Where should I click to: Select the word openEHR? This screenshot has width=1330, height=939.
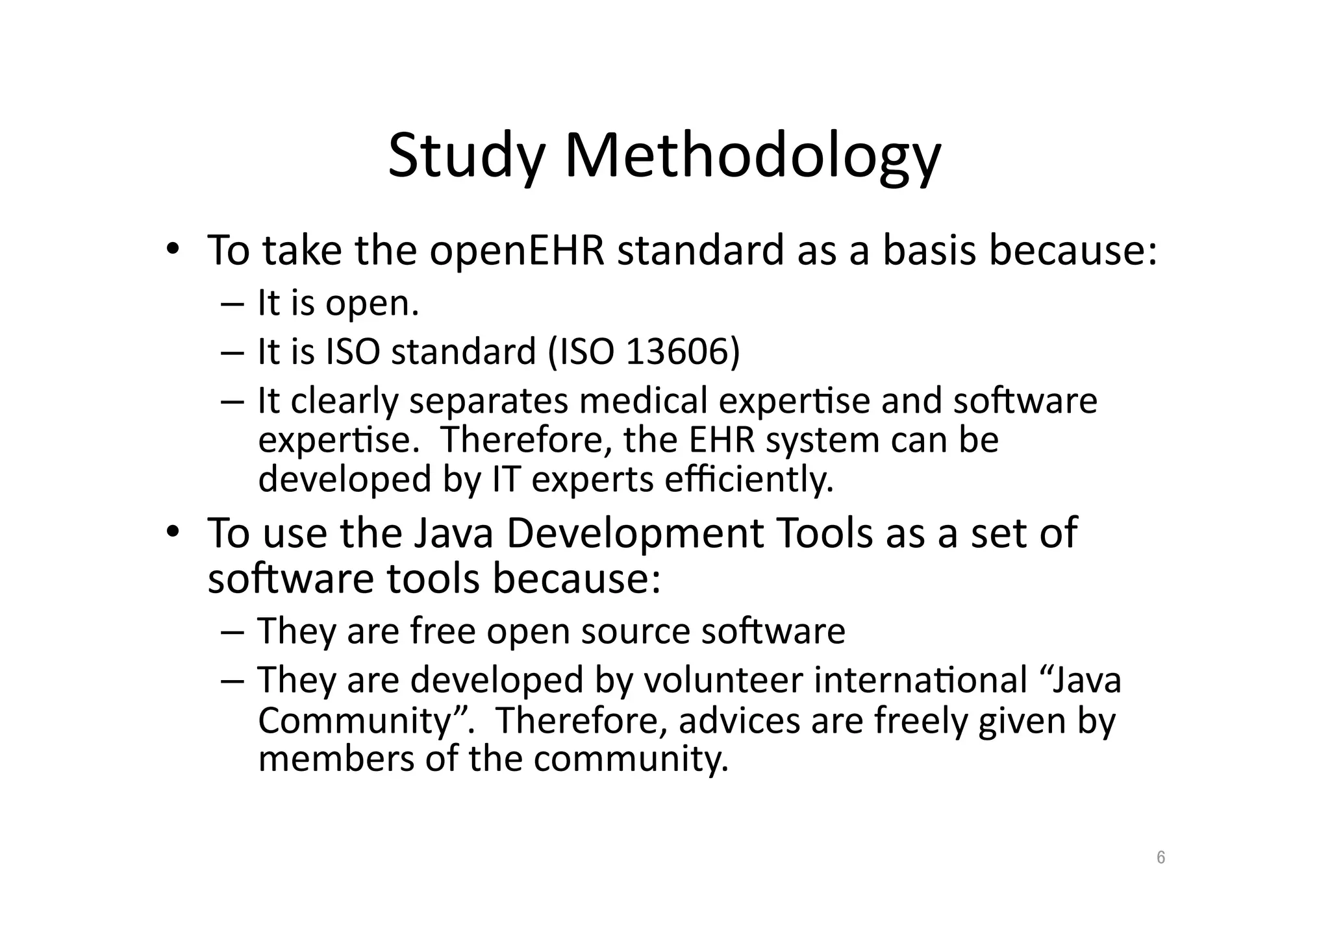pyautogui.click(x=517, y=250)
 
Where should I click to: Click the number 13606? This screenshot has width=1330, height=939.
pyautogui.click(x=675, y=352)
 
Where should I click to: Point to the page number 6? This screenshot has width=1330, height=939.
pyautogui.click(x=1161, y=857)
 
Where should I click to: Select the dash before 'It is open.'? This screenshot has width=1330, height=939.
pyautogui.click(x=232, y=304)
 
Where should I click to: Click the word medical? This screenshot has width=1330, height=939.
pyautogui.click(x=643, y=400)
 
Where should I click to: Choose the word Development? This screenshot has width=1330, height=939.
pyautogui.click(x=635, y=533)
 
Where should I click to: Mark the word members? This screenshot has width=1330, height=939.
pyautogui.click(x=336, y=759)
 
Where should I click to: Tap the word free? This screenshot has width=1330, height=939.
pyautogui.click(x=443, y=631)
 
